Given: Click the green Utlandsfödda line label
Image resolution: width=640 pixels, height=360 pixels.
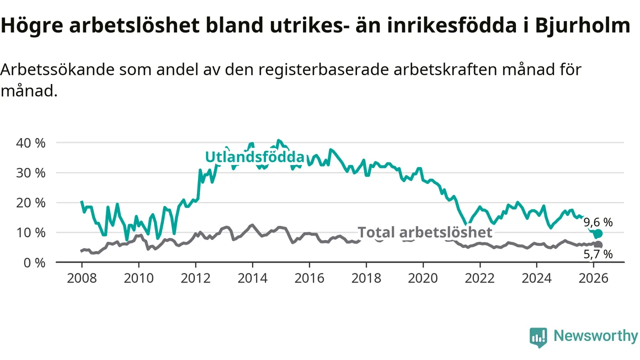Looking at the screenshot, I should (x=254, y=157).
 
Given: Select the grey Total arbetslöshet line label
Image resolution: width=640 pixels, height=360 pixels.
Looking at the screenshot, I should (x=425, y=232).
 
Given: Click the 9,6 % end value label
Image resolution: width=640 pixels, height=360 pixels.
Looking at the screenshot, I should (x=598, y=222).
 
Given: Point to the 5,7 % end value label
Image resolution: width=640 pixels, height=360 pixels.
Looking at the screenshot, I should (x=598, y=254).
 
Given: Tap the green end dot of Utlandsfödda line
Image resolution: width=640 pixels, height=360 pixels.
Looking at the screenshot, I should (x=598, y=233).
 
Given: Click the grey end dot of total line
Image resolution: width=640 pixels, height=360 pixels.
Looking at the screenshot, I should (x=598, y=244).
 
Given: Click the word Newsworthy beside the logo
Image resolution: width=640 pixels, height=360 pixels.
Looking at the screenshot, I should (x=595, y=336).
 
